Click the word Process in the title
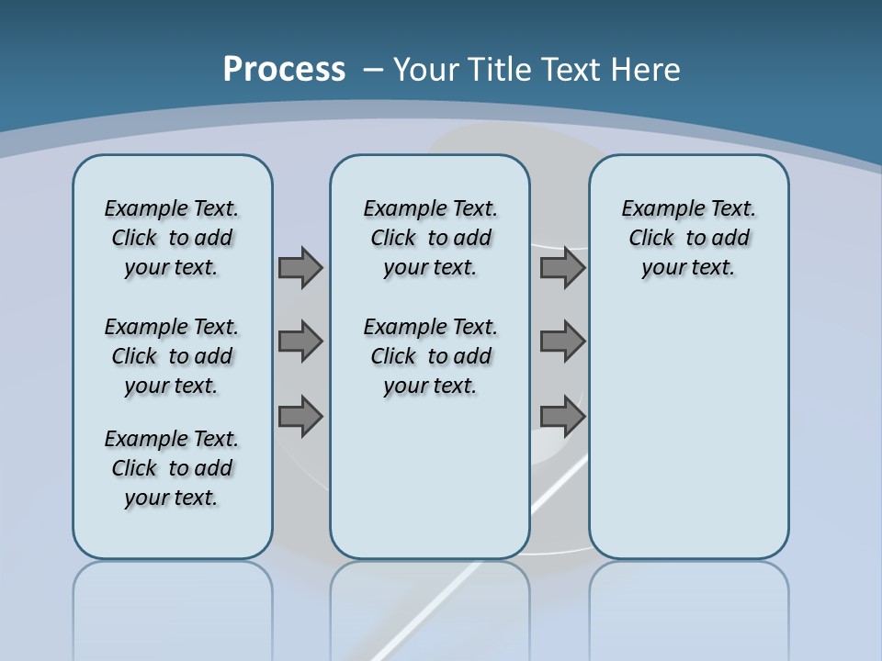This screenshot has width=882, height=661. click(x=284, y=69)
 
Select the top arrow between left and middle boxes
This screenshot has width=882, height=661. click(x=300, y=267)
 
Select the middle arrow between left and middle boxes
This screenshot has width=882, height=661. click(x=300, y=342)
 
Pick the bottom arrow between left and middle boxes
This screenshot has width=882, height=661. click(x=300, y=416)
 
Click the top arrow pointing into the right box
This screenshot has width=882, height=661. click(x=562, y=267)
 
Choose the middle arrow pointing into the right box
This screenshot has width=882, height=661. click(x=562, y=342)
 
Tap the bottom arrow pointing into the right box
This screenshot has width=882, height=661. click(x=562, y=416)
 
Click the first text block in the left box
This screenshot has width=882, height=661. click(x=172, y=238)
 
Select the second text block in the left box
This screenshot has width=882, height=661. click(x=172, y=356)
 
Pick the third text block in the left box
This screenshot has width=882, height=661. click(x=172, y=468)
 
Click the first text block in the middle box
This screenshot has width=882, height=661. click(x=430, y=238)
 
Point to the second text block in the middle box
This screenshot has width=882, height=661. click(x=430, y=356)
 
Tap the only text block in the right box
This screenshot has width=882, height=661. click(x=688, y=238)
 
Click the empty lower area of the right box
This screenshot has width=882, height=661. click(x=688, y=441)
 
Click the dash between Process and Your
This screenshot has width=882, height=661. click(x=373, y=70)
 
